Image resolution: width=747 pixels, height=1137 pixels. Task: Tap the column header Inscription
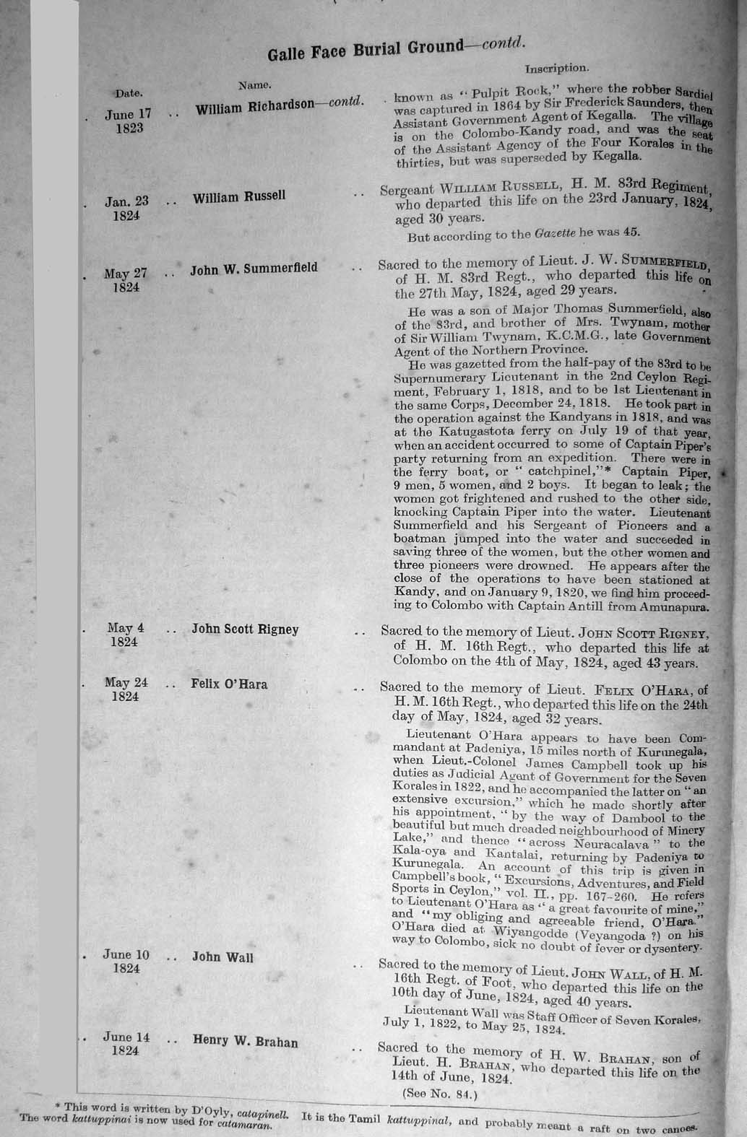click(x=556, y=69)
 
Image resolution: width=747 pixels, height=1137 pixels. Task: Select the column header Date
click(x=129, y=92)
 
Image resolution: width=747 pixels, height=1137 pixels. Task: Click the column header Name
click(x=254, y=85)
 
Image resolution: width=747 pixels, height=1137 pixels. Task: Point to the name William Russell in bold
click(x=238, y=196)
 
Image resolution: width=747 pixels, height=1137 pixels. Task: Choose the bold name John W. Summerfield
click(x=254, y=269)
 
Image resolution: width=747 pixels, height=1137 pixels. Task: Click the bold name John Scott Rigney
click(x=245, y=629)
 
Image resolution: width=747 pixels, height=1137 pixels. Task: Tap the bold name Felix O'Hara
click(x=229, y=683)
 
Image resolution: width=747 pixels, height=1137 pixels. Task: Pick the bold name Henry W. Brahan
click(x=245, y=1041)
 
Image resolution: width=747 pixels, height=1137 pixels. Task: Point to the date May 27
click(x=125, y=274)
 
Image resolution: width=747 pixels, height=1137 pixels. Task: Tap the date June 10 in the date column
click(x=126, y=955)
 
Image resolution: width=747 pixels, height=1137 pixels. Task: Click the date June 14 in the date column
click(x=126, y=1037)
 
